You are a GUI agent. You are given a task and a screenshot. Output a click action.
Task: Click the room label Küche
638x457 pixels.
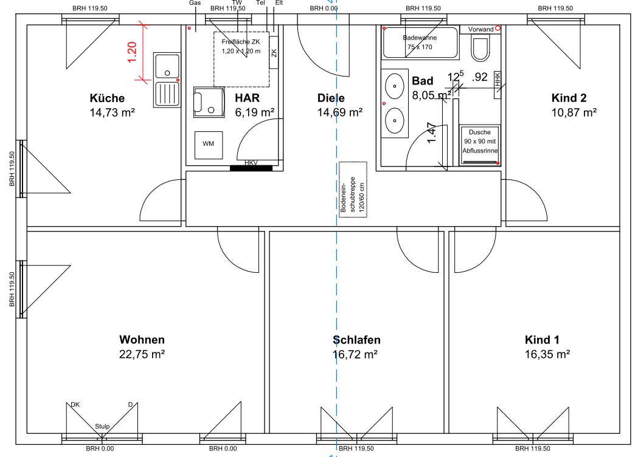click(x=107, y=98)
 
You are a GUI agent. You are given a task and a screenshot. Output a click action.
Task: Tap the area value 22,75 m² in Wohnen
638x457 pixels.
click(x=142, y=354)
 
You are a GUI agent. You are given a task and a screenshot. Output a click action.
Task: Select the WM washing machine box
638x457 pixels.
click(x=209, y=145)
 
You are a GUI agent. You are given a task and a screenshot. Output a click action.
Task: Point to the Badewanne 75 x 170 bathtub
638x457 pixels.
click(x=420, y=43)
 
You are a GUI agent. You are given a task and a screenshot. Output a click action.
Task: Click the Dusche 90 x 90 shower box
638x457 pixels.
click(x=480, y=145)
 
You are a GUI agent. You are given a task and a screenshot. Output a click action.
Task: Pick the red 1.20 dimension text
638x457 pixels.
click(x=132, y=52)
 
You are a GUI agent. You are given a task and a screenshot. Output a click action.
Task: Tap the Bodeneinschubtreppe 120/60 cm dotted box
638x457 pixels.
click(x=353, y=190)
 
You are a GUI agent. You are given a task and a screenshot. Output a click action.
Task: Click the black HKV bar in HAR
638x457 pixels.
click(x=251, y=168)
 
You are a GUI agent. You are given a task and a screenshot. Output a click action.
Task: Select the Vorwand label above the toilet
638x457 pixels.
click(x=480, y=29)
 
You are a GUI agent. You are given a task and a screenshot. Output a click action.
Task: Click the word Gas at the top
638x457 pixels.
click(x=195, y=3)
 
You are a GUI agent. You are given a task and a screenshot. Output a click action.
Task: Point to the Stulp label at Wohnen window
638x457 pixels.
click(x=102, y=427)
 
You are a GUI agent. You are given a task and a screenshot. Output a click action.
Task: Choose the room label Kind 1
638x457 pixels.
click(x=542, y=340)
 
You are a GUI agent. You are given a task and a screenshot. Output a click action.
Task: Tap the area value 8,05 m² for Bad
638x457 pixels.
click(x=432, y=95)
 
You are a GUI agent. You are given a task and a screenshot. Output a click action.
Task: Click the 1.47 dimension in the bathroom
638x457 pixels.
click(x=432, y=133)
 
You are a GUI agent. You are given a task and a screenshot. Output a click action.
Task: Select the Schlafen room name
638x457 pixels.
click(x=356, y=340)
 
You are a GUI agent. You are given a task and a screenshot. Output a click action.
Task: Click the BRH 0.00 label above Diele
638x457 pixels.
click(x=324, y=8)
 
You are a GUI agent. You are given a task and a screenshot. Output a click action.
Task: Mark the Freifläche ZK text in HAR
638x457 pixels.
click(x=240, y=41)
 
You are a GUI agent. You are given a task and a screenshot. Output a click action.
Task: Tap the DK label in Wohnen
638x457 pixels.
click(x=75, y=405)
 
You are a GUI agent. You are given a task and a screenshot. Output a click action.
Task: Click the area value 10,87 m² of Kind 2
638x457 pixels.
click(x=574, y=112)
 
